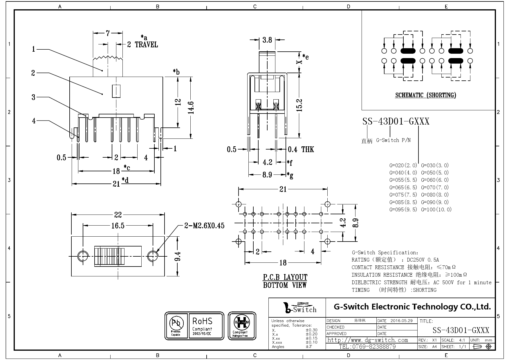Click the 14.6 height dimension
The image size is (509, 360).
(191, 107)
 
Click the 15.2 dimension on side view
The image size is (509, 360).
(300, 105)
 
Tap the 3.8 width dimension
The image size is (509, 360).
(267, 40)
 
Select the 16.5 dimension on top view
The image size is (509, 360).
(118, 226)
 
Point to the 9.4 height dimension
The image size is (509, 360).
(178, 256)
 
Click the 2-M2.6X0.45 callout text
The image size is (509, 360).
(204, 226)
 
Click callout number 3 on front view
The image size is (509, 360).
(33, 97)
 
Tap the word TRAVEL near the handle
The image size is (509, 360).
(147, 45)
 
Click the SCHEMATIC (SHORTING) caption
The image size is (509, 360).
(425, 95)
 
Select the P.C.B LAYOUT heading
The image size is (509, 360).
(285, 277)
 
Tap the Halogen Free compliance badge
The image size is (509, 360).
(242, 326)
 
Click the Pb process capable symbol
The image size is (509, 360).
(176, 326)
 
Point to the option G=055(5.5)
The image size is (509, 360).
(403, 180)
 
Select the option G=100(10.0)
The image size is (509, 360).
(436, 210)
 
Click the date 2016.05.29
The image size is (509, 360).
(401, 321)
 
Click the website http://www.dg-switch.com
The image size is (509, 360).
(367, 340)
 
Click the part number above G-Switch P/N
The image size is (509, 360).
(396, 121)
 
